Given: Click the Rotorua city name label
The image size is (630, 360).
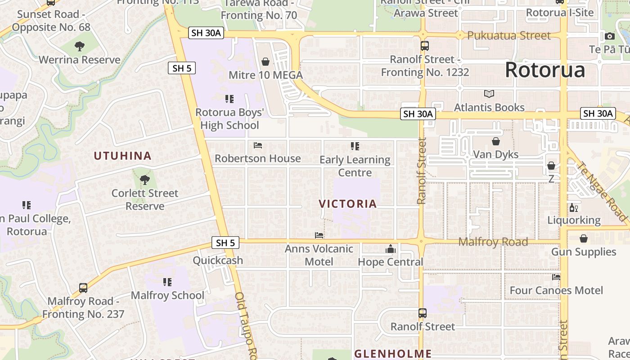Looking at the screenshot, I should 545,70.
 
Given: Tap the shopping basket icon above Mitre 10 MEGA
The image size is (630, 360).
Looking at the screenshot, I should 265,62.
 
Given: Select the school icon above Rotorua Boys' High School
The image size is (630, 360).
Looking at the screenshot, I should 229,99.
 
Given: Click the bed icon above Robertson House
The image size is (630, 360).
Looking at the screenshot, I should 258,145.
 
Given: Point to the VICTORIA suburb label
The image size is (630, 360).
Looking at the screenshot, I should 347,204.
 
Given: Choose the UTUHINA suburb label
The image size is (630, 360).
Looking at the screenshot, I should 122,156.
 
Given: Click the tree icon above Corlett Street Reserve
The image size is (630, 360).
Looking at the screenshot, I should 144,180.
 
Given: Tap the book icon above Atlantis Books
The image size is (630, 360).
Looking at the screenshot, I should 489,94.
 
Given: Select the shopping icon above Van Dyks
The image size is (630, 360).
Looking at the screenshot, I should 495,141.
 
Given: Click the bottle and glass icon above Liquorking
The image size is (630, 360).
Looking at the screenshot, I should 573,207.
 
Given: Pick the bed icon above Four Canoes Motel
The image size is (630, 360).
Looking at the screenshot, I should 556,277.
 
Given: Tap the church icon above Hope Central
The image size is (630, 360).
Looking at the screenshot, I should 390,249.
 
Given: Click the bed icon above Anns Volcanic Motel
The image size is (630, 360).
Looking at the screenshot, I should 319,235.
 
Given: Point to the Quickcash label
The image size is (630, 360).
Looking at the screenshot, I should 218,261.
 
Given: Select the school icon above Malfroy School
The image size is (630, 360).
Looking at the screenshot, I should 167,282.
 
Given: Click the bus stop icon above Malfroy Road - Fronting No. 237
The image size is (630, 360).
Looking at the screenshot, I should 83,288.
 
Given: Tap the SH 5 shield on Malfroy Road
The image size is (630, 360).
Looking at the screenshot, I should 225,243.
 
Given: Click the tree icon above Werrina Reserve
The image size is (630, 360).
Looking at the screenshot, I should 80,46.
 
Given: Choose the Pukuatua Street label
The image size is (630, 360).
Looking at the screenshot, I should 508,36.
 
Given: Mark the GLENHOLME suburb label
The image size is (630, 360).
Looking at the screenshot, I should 393,354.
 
